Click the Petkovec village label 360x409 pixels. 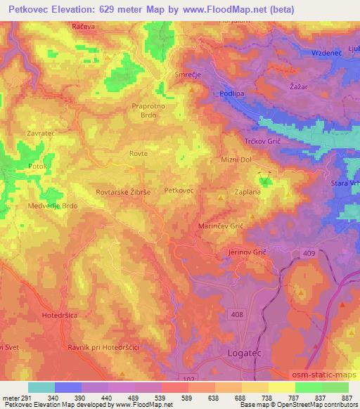coord(179,190)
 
